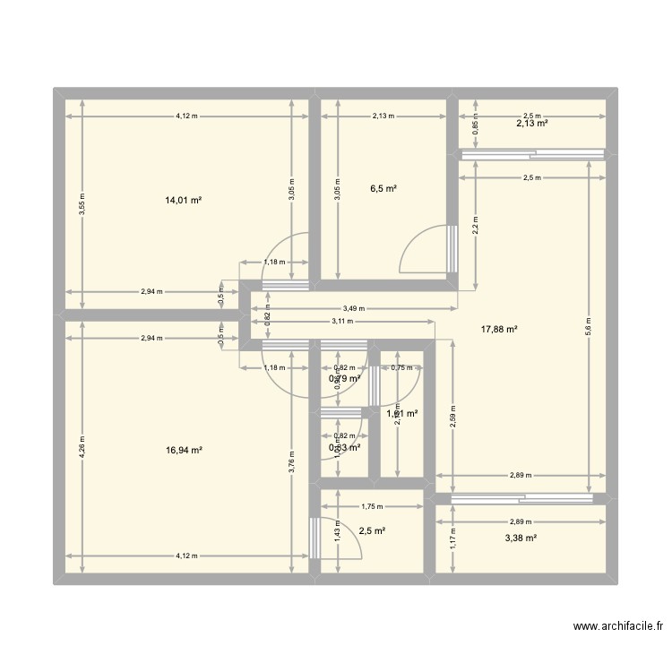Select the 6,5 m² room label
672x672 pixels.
[383, 189]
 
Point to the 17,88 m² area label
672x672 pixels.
[499, 329]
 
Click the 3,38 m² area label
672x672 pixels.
[521, 538]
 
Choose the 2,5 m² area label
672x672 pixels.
[372, 530]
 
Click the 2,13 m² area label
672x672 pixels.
[531, 124]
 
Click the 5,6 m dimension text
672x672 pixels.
[588, 323]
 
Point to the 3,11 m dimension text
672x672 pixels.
[342, 320]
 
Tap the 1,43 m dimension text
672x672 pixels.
[336, 532]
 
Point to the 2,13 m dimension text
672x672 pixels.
[383, 116]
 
